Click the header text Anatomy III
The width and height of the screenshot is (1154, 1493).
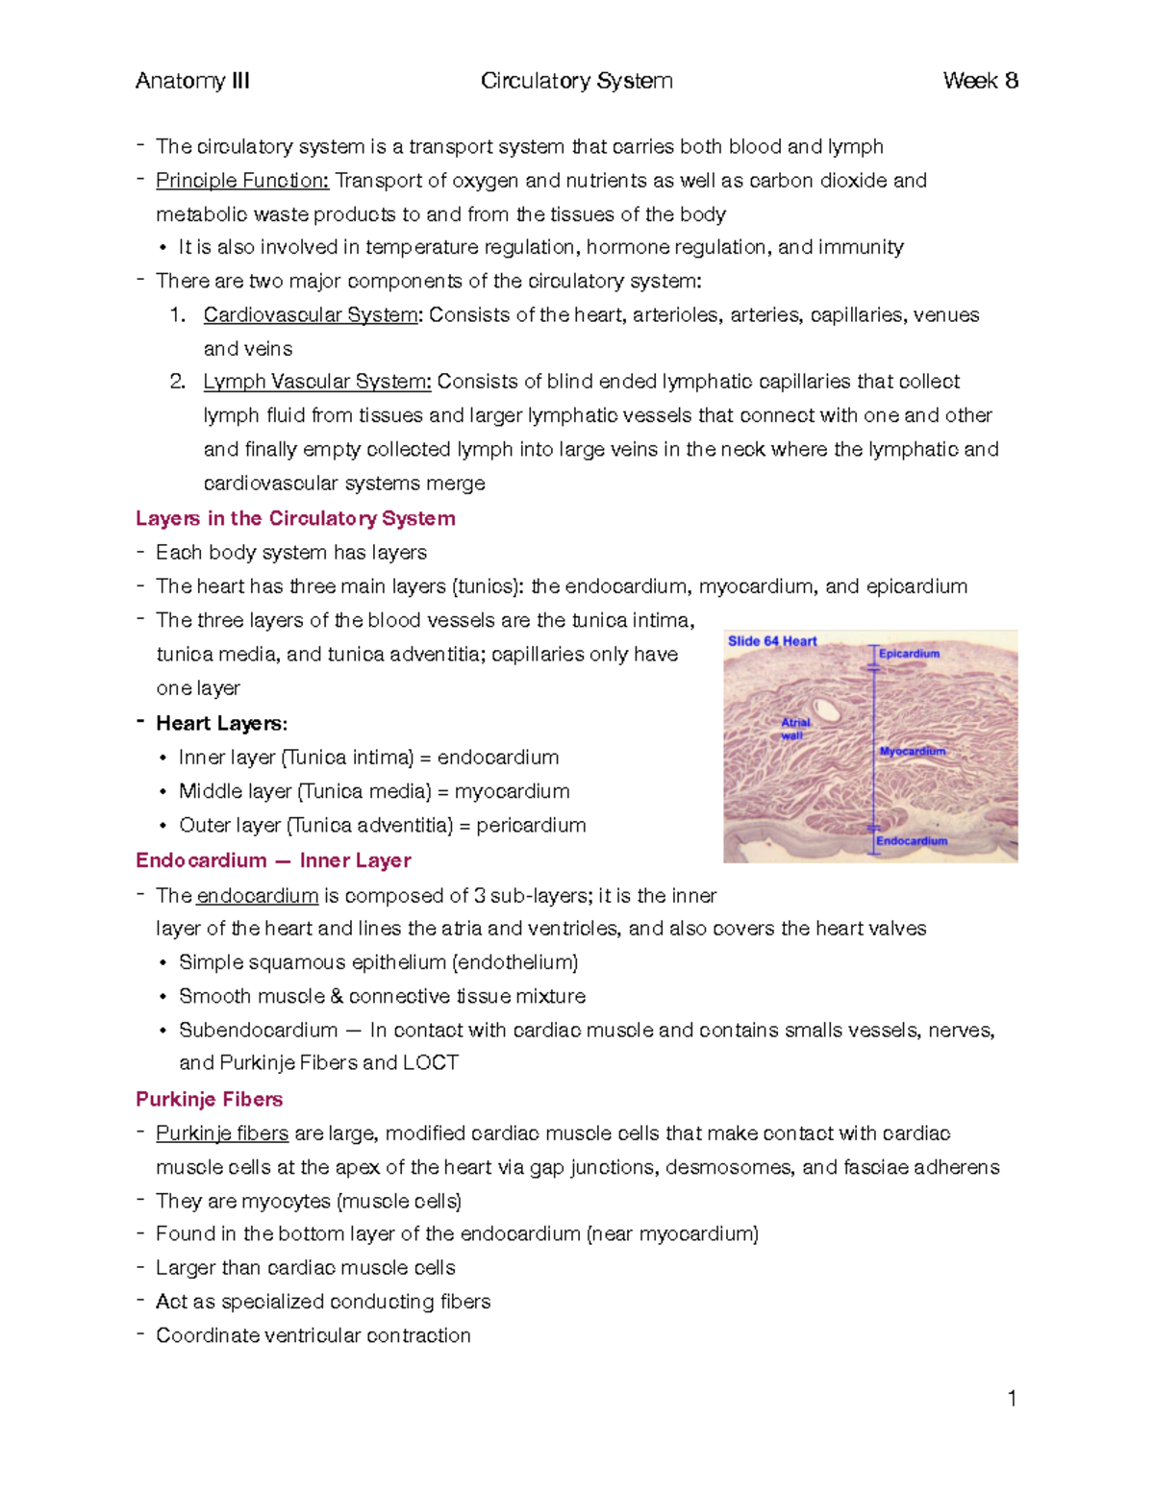[192, 81]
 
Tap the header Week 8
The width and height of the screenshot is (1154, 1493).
[980, 81]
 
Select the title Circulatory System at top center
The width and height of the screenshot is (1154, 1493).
[576, 81]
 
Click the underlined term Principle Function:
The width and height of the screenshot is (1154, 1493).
[242, 181]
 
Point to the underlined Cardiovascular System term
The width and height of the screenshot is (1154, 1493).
[311, 315]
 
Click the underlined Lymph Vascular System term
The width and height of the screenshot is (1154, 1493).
[317, 382]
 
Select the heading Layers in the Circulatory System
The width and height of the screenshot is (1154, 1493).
[295, 518]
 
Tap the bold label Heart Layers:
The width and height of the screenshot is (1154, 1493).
[221, 723]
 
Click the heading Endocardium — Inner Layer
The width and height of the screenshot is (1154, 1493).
[273, 860]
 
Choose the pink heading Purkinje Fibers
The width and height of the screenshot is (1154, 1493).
[209, 1099]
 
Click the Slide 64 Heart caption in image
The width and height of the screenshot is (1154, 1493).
[772, 641]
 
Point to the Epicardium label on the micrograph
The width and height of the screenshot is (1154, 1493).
[909, 654]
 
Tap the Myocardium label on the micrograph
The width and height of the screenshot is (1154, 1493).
[913, 751]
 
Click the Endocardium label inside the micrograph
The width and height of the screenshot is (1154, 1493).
[912, 841]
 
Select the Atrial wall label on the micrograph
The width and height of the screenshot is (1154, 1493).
[795, 729]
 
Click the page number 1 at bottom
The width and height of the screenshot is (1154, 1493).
[1012, 1399]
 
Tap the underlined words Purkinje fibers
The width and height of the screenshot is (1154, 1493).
[222, 1133]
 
